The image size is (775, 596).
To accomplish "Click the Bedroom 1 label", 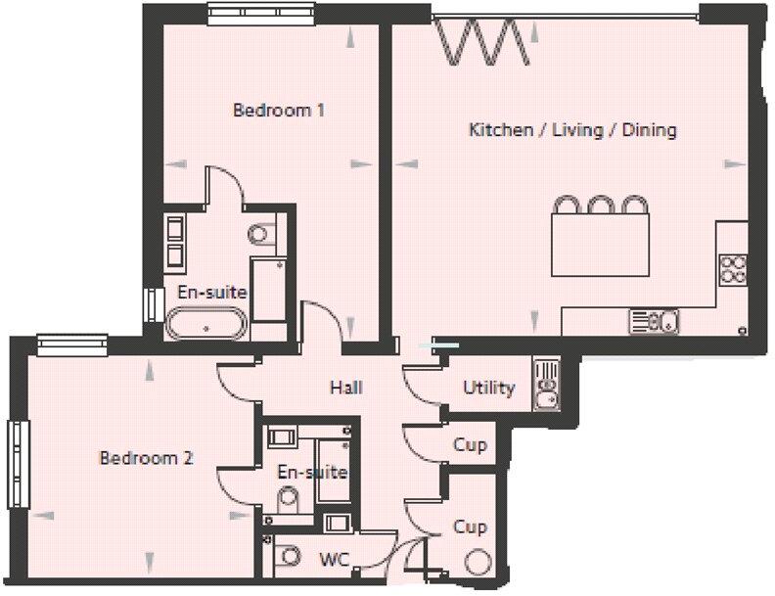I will [278, 110].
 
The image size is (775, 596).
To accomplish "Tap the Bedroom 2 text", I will [146, 458].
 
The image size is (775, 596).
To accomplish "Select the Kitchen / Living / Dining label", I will [572, 130].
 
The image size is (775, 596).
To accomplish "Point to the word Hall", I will [345, 388].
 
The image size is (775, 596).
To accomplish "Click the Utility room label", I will [488, 388].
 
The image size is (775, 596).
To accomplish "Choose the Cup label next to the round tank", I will [470, 527].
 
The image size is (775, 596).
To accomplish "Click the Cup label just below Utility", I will [470, 445].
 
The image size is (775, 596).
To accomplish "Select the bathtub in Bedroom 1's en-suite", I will [206, 322].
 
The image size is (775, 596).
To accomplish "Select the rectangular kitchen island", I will [600, 246].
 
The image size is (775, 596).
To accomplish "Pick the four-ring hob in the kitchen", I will [732, 269].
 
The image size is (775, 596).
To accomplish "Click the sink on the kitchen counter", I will [654, 320].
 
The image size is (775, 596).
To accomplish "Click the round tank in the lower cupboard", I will [479, 563].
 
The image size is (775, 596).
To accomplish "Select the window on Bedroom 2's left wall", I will [20, 451].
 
